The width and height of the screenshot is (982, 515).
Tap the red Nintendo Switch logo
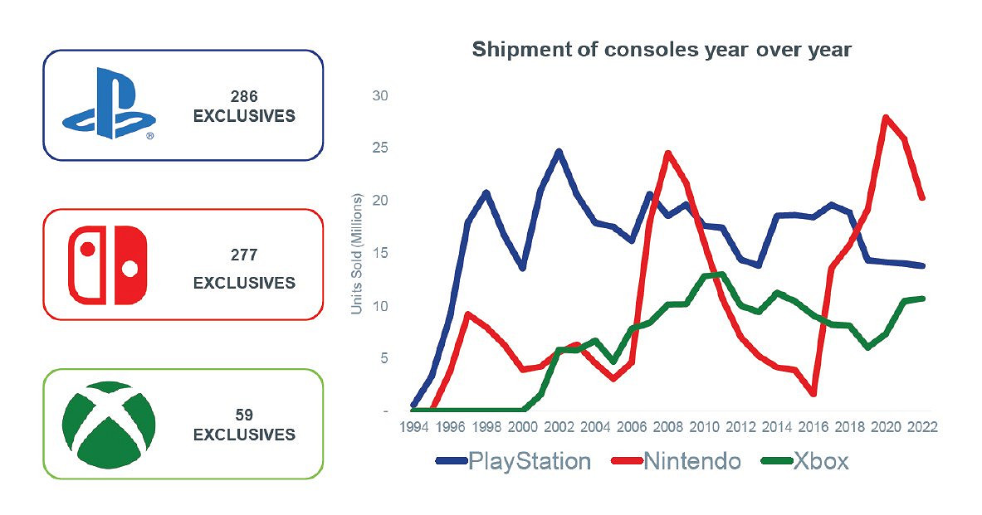[108, 265]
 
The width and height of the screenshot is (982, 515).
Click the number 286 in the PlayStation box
[243, 97]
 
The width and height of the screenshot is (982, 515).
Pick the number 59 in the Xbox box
[243, 415]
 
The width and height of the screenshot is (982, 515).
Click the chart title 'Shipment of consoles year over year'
[662, 50]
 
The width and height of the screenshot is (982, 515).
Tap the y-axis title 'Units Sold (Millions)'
[357, 254]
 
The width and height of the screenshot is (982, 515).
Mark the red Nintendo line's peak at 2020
[887, 117]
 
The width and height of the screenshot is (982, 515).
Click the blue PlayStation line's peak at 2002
[559, 151]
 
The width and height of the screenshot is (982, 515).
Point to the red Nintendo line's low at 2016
[813, 394]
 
